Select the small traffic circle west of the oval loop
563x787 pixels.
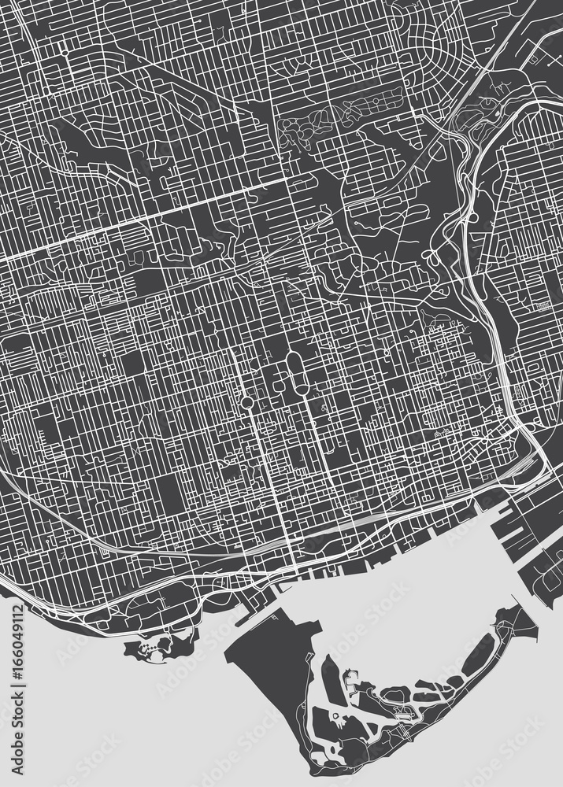pyautogui.click(x=247, y=402)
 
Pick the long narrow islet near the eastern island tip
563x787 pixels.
pyautogui.click(x=481, y=654)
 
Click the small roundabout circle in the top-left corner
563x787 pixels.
pyautogui.click(x=61, y=52)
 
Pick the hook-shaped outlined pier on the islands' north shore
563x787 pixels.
pyautogui.click(x=350, y=677)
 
